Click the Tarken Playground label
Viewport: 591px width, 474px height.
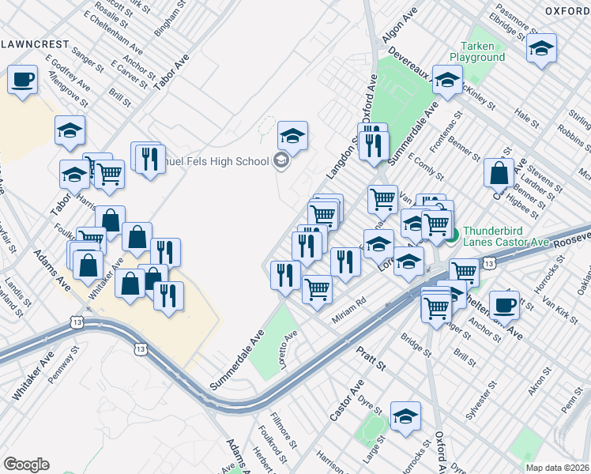coord(477,51)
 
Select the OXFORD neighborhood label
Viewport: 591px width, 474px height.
coord(567,10)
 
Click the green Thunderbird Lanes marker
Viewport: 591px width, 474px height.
coord(452,233)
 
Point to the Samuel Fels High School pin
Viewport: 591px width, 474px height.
coord(280,162)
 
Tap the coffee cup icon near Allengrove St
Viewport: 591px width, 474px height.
coord(22,79)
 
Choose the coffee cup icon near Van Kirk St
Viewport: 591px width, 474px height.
coord(504,304)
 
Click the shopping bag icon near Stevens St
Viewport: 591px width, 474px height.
coord(499,172)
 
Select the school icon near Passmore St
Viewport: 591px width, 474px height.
coord(542,47)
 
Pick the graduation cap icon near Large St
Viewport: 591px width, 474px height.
coord(405,416)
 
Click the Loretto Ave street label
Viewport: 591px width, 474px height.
coord(288,347)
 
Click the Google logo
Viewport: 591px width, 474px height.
coord(26,465)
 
